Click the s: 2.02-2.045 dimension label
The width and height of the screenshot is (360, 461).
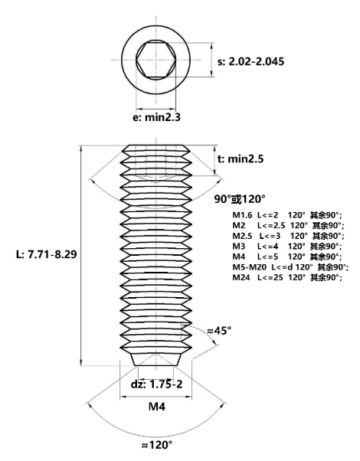(x=251, y=61)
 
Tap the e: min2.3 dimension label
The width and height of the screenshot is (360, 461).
(x=156, y=117)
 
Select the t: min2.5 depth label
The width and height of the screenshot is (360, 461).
(x=241, y=159)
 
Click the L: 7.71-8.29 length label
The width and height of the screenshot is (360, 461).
(x=46, y=254)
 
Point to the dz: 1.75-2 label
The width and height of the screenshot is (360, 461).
(x=156, y=384)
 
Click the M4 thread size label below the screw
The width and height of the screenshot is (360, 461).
(x=157, y=407)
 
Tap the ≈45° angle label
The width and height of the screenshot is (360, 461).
(x=219, y=331)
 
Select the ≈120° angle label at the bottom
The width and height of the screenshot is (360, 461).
(x=156, y=445)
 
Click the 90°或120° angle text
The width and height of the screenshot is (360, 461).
(x=240, y=199)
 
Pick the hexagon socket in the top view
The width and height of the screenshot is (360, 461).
(x=156, y=60)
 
